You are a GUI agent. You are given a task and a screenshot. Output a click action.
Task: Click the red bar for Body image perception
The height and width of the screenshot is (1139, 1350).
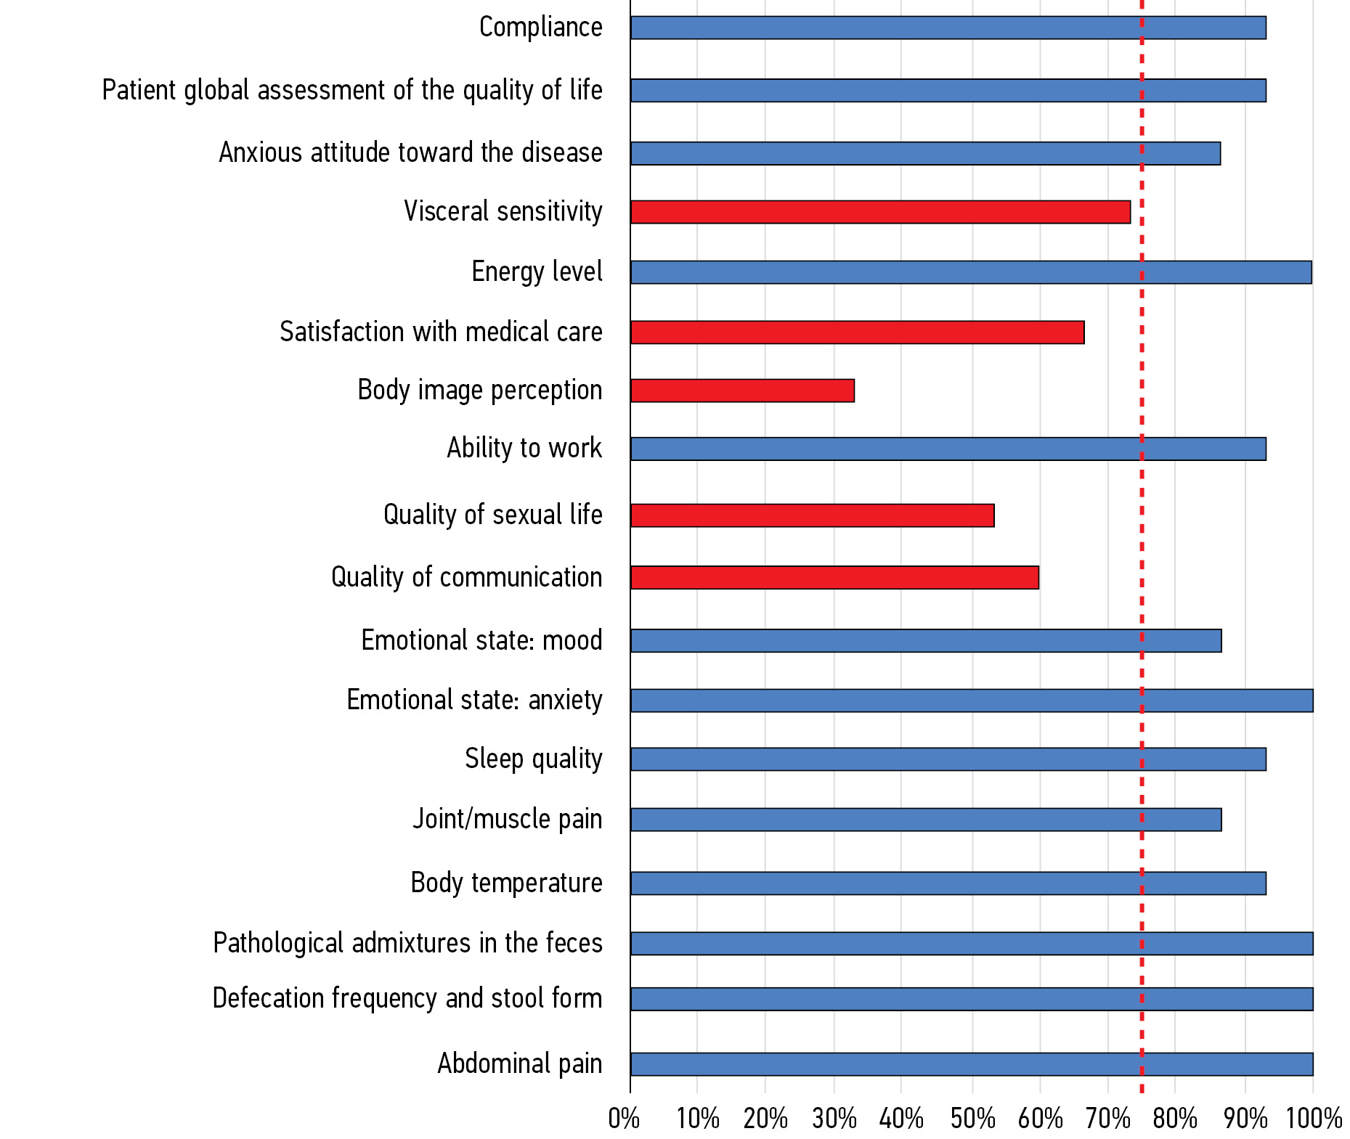click(742, 391)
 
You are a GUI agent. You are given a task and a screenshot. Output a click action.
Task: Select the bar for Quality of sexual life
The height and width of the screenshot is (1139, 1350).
click(812, 515)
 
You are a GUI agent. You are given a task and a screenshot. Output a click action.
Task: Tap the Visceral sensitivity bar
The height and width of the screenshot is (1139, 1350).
click(880, 212)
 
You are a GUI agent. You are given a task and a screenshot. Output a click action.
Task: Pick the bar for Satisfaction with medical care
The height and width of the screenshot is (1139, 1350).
click(857, 332)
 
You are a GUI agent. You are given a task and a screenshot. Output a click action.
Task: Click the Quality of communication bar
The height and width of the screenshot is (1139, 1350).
click(834, 578)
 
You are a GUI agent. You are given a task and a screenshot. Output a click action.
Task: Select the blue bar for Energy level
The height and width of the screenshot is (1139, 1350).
click(971, 272)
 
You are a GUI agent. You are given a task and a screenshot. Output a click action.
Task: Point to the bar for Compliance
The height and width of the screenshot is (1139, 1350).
click(948, 28)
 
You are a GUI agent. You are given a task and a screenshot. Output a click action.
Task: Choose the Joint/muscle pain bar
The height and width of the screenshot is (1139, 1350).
click(926, 820)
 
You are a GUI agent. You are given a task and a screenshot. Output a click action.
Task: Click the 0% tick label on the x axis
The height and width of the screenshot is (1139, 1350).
click(624, 1119)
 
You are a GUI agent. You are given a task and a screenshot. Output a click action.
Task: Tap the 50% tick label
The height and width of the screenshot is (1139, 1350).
click(972, 1119)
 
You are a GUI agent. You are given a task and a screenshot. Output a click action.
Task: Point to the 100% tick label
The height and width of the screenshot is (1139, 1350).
click(1314, 1119)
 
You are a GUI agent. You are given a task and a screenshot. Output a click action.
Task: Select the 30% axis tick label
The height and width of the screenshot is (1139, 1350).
click(834, 1119)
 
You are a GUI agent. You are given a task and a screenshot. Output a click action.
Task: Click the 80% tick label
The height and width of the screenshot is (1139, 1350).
click(1175, 1119)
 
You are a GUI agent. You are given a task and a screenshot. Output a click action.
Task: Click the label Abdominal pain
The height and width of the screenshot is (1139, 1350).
click(519, 1064)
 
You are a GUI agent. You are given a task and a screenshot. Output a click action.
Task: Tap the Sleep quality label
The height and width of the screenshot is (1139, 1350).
click(533, 759)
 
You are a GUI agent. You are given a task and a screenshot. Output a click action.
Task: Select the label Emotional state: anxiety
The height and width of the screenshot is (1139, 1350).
click(474, 700)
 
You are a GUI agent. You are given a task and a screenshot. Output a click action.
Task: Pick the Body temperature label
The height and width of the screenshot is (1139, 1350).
click(506, 883)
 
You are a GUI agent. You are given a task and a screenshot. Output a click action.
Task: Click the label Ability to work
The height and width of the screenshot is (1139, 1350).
click(524, 448)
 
